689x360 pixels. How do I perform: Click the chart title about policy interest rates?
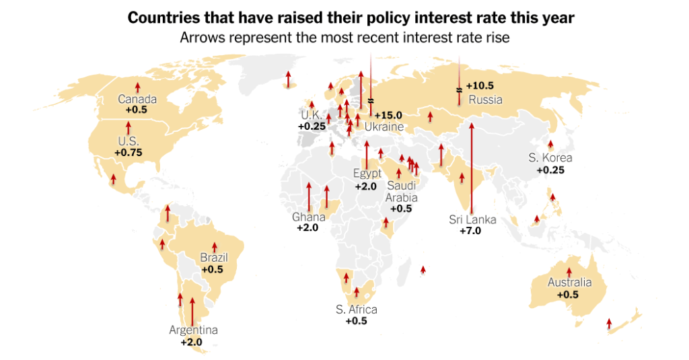click(351, 17)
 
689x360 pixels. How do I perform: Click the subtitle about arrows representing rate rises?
click(344, 38)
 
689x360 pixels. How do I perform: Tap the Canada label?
click(137, 99)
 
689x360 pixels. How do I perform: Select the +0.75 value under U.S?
click(128, 153)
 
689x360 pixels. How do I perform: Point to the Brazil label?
click(214, 258)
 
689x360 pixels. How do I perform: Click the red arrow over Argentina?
click(192, 311)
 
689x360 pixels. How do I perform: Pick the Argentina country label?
click(193, 330)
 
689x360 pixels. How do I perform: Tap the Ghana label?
click(308, 217)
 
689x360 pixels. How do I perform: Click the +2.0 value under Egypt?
click(367, 186)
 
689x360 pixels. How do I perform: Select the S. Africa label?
click(356, 310)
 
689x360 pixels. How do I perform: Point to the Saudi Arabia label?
click(401, 191)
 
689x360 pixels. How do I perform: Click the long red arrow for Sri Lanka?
click(472, 168)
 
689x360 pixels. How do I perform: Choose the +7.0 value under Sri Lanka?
click(471, 231)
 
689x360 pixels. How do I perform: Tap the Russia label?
click(485, 100)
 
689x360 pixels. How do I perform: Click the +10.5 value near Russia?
click(480, 85)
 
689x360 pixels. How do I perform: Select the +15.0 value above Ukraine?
click(388, 115)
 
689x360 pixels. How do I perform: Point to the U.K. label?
click(311, 114)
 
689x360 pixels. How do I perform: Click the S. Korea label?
click(550, 158)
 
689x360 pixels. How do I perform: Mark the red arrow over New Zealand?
click(609, 324)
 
